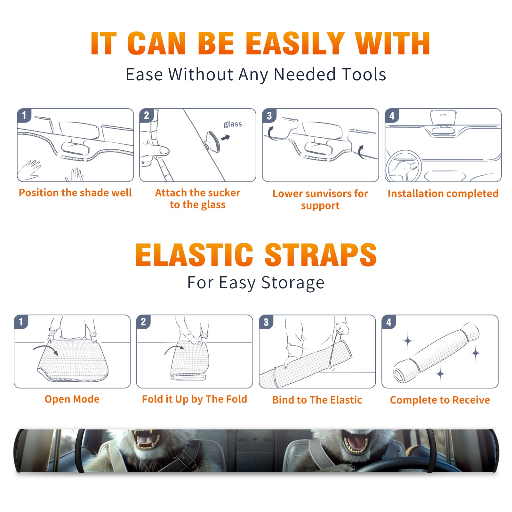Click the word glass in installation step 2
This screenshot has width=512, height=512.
233,124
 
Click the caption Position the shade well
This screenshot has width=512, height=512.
75,193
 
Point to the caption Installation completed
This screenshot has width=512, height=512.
443,194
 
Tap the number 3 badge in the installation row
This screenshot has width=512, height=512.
269,116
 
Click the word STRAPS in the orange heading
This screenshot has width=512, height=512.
321,255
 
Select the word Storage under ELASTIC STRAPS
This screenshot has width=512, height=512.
293,283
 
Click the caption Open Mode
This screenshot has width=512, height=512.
72,399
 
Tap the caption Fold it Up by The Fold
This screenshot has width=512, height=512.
195,399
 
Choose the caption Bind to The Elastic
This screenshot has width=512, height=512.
317,400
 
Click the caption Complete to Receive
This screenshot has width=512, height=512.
440,400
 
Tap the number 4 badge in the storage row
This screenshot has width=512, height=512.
389,322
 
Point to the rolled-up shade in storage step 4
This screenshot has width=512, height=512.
436,353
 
